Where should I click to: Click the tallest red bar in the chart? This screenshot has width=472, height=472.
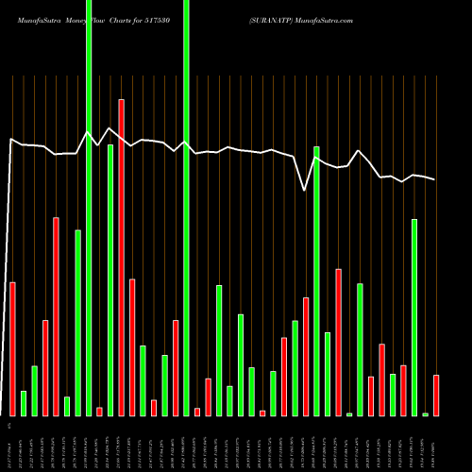121,257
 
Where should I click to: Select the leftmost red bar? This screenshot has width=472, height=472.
12,348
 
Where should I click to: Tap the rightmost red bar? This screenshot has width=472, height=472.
436,395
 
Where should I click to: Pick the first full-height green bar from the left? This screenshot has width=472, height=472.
89,208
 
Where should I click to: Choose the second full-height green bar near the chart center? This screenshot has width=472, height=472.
186,208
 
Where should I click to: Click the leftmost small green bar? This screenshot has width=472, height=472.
24,403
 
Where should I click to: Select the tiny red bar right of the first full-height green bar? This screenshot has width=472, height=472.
99,411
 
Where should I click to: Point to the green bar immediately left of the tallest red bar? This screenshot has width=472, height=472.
110,279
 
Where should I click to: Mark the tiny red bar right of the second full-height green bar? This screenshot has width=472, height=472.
197,412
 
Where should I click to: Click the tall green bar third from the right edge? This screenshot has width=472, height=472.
414,317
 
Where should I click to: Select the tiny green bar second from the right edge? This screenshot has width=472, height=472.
425,414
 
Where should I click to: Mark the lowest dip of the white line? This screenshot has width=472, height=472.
305,191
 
